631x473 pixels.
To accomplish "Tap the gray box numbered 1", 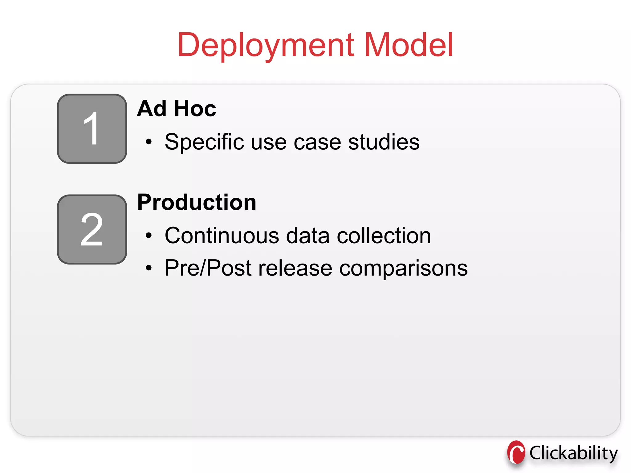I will [92, 129].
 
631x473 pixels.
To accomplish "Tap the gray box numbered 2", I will [92, 229].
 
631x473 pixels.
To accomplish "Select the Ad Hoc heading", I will [177, 109].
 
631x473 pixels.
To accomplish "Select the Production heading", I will [197, 203].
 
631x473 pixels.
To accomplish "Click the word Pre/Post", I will [208, 268].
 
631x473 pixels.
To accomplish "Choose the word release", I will [295, 268].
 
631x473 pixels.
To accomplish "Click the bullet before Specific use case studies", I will [149, 142].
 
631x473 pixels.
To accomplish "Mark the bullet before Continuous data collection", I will [149, 236].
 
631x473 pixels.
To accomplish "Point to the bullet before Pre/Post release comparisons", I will [149, 268].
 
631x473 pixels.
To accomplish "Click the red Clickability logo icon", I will [516, 452].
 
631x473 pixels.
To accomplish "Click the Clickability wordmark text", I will [573, 453].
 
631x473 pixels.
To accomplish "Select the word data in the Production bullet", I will [308, 236].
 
